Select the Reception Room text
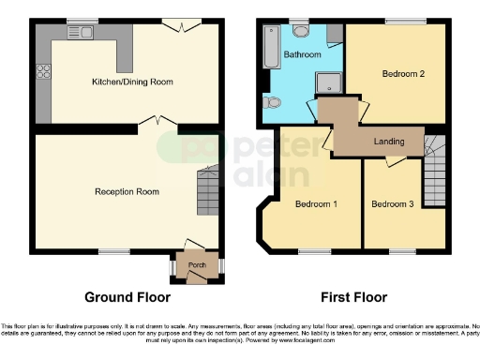click(127, 191)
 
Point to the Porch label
click(197, 265)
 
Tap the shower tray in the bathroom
click(328, 84)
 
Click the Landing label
click(389, 142)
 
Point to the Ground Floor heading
click(127, 297)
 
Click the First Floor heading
click(353, 297)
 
